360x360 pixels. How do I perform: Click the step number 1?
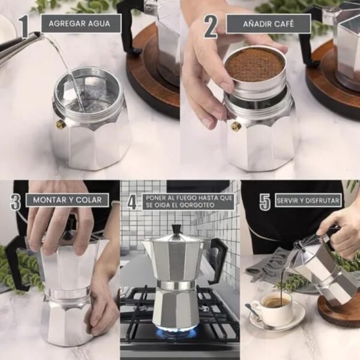24,26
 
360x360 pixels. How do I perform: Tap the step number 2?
210,26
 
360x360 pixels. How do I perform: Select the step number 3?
16,201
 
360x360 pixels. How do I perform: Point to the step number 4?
132,201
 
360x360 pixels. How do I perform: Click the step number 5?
265,201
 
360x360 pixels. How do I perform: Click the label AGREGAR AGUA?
80,23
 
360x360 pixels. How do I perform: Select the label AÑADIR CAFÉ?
268,23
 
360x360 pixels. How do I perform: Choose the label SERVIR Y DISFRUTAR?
308,200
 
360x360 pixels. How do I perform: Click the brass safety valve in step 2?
236,126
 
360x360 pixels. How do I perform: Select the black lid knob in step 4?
176,230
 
